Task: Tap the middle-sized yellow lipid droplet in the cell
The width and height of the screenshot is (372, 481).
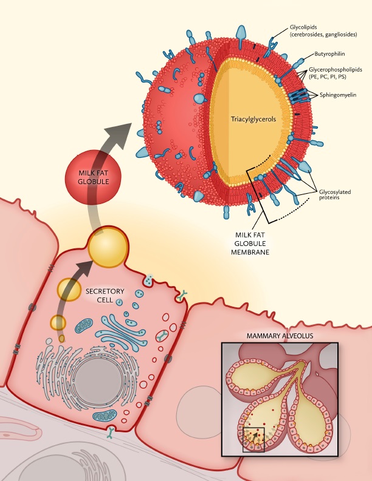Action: (69, 290)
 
